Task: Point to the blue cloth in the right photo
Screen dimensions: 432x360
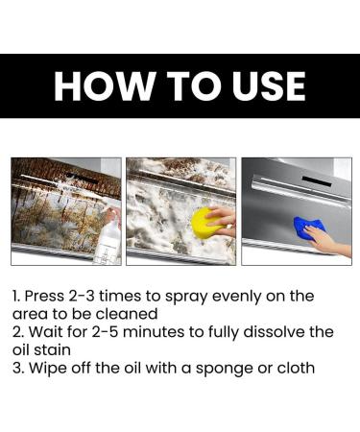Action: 309,229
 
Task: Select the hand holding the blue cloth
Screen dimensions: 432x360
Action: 330,240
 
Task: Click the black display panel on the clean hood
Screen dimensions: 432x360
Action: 317,180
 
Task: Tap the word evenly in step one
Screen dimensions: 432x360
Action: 243,296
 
